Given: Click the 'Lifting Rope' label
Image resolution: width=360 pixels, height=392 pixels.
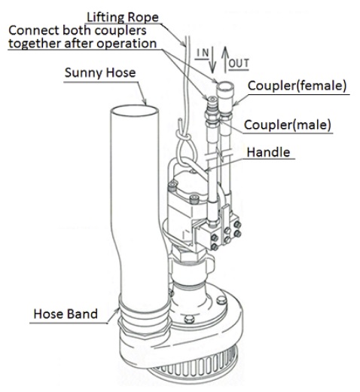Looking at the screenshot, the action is click(x=123, y=17).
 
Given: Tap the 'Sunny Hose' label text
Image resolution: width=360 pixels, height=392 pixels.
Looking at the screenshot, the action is click(x=100, y=73).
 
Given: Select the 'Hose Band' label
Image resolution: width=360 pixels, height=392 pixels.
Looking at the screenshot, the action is click(x=66, y=314).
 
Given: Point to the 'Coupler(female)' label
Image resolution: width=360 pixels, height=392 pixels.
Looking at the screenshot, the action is click(x=297, y=86).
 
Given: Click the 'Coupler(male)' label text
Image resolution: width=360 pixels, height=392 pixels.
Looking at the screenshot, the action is click(x=288, y=124).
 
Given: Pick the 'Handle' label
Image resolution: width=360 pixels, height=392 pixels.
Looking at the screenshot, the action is click(x=268, y=152).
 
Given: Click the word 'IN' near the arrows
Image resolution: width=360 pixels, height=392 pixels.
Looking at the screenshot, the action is click(x=203, y=53).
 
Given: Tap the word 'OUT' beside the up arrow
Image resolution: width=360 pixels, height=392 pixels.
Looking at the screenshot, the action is click(x=239, y=63).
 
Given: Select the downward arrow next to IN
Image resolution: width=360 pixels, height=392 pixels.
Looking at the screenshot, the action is click(x=212, y=60).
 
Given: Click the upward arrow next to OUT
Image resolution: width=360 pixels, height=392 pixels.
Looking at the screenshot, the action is click(x=225, y=60).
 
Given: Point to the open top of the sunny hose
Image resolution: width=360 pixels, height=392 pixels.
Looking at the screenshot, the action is click(x=135, y=111).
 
